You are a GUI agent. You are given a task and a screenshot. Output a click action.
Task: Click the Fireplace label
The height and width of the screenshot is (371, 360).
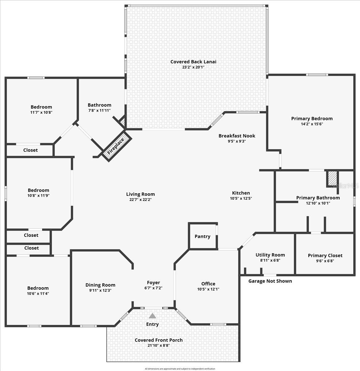pyautogui.click(x=116, y=146)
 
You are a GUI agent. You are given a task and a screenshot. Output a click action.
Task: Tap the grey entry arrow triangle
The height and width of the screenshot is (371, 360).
pyautogui.click(x=152, y=316)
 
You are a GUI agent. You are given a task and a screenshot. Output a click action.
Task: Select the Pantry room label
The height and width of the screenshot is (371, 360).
pyautogui.click(x=202, y=237)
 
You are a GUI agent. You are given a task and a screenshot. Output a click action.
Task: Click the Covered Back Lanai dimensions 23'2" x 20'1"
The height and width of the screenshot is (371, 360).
pyautogui.click(x=193, y=67)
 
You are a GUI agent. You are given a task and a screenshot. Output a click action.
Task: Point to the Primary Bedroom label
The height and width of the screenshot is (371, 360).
pyautogui.click(x=312, y=118)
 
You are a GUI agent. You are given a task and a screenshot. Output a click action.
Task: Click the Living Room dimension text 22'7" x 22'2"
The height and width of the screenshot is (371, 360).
pyautogui.click(x=140, y=200)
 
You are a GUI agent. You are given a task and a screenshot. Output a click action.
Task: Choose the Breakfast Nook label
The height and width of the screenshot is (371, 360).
pyautogui.click(x=237, y=136)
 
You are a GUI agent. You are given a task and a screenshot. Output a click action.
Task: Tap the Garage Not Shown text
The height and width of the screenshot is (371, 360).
pyautogui.click(x=270, y=281)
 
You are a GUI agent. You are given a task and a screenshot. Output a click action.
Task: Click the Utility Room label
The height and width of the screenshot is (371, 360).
pyautogui.click(x=270, y=255)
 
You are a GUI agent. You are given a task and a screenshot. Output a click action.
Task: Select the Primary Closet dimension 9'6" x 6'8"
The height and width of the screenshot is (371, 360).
pyautogui.click(x=325, y=261)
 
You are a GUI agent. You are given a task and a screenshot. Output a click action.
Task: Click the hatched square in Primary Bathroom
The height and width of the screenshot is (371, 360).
pyautogui.click(x=332, y=178)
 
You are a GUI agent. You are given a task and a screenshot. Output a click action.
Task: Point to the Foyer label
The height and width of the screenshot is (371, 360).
pyautogui.click(x=153, y=283)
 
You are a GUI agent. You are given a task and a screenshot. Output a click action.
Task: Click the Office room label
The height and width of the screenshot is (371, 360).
pyautogui.click(x=208, y=284)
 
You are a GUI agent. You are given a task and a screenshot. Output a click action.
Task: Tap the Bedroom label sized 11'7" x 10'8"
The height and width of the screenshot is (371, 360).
pyautogui.click(x=41, y=107)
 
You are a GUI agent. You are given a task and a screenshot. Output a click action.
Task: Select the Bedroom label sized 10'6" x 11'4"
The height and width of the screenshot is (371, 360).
pyautogui.click(x=38, y=288)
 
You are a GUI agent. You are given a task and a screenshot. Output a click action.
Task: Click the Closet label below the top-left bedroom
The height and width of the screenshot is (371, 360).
pyautogui.click(x=31, y=150)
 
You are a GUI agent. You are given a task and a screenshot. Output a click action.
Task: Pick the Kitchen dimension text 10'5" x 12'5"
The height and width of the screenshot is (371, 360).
pyautogui.click(x=241, y=198)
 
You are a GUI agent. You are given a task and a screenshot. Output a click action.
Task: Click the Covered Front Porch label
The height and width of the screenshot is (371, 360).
pyautogui.click(x=159, y=340)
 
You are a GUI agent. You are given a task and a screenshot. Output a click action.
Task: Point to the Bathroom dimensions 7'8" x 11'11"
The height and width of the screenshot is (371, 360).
pyautogui.click(x=99, y=110)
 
